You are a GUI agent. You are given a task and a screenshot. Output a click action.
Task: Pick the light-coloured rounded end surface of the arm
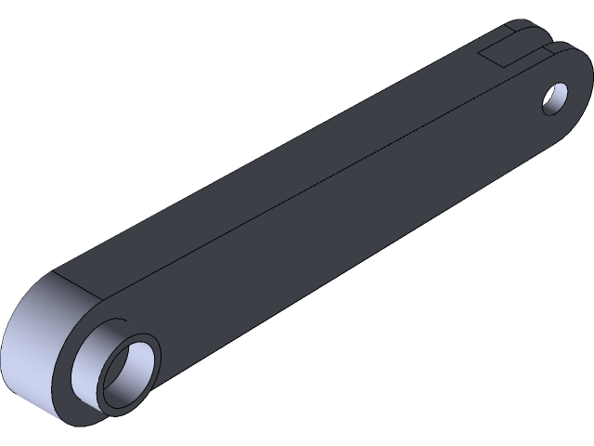click(32, 344)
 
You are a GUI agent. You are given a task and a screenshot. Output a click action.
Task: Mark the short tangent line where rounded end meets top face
click(74, 287)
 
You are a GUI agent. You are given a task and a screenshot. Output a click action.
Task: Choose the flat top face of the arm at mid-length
click(278, 158)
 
